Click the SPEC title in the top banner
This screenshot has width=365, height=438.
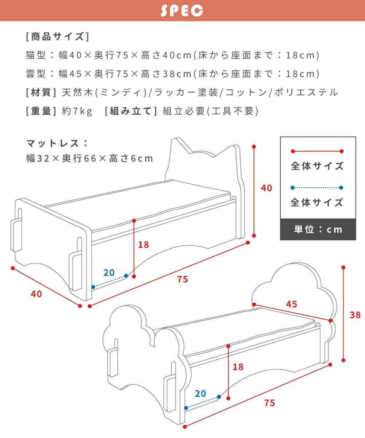point(182,11)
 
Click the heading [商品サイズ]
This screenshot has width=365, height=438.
point(57,37)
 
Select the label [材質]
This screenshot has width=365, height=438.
point(41,93)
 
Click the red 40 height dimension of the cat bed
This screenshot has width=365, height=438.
point(267,188)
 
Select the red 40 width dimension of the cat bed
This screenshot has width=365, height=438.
point(36,294)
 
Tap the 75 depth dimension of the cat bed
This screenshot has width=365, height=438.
point(182,279)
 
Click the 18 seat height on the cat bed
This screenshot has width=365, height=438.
point(143,245)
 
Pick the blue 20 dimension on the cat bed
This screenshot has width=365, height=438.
point(109,273)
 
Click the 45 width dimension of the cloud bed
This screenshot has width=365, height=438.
point(292,304)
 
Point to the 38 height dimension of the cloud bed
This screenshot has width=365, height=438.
point(355,315)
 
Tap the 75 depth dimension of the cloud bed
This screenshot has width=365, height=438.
point(269,403)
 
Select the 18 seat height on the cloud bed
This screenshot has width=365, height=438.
point(238,367)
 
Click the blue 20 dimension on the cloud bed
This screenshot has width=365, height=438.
point(200,393)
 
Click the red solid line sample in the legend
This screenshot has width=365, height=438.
point(317,151)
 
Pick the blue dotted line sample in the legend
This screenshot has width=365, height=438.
point(317,188)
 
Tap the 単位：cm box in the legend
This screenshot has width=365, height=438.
point(318,229)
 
